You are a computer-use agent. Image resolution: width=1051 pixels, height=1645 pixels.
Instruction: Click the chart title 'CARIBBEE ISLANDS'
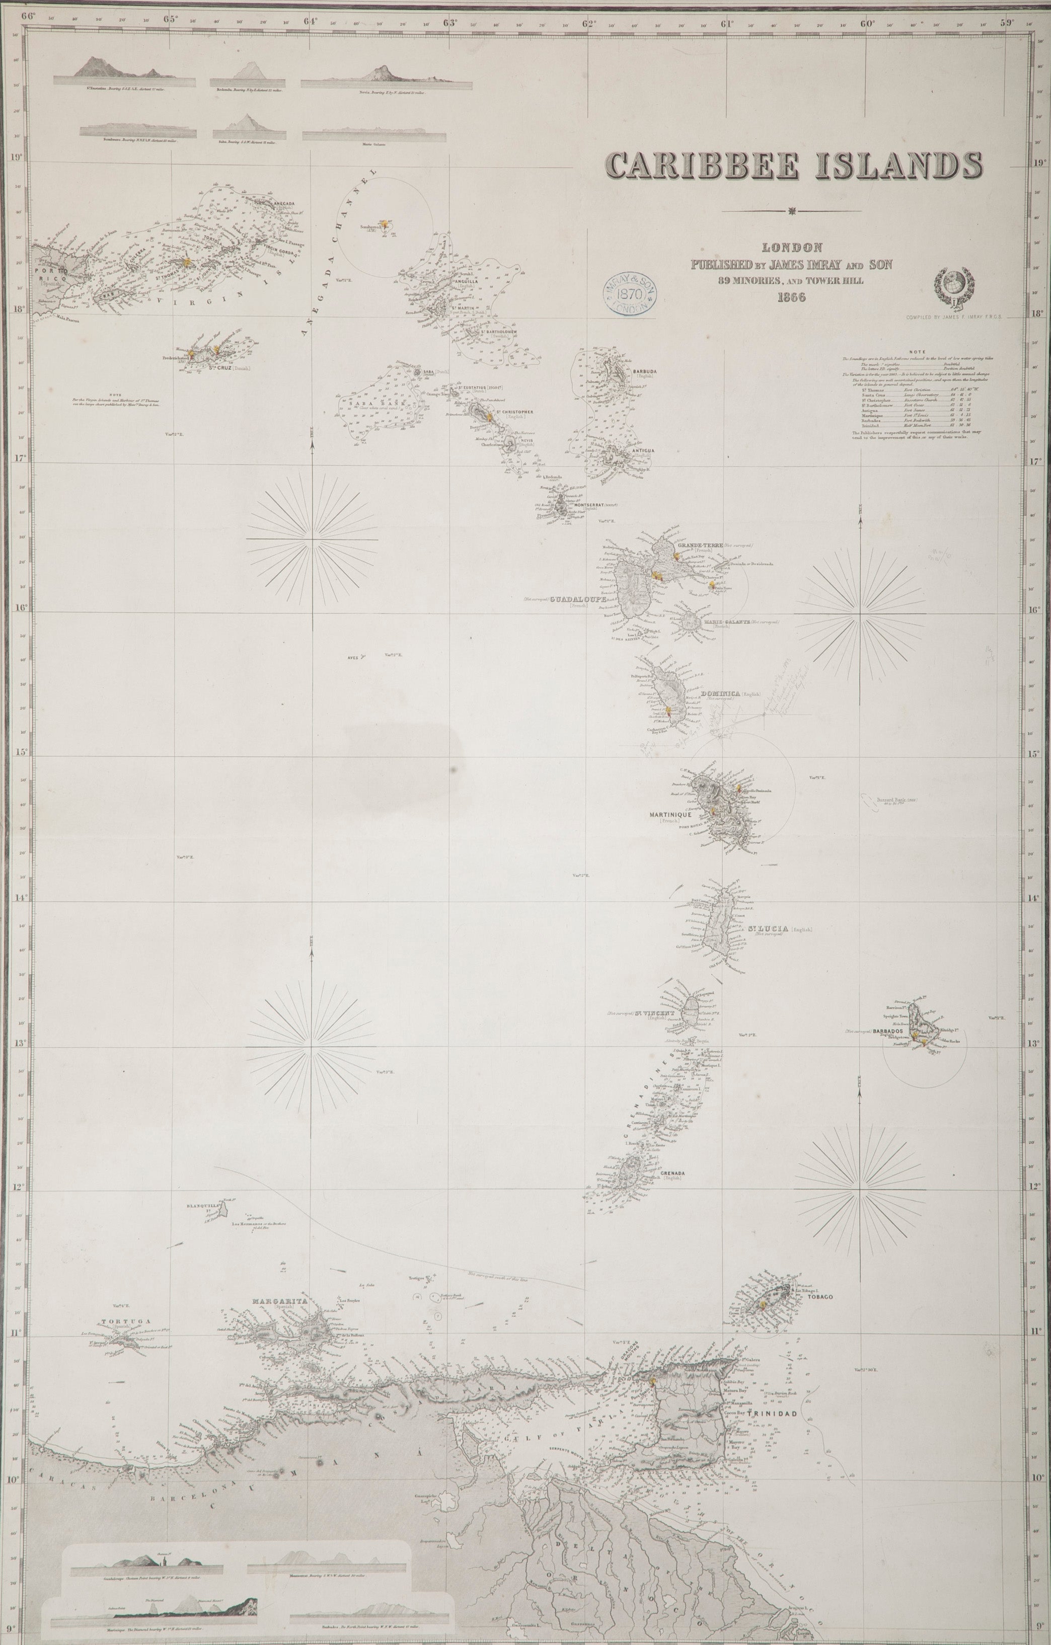(x=793, y=166)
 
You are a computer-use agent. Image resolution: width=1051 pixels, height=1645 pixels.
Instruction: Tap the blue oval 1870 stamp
(x=627, y=291)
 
